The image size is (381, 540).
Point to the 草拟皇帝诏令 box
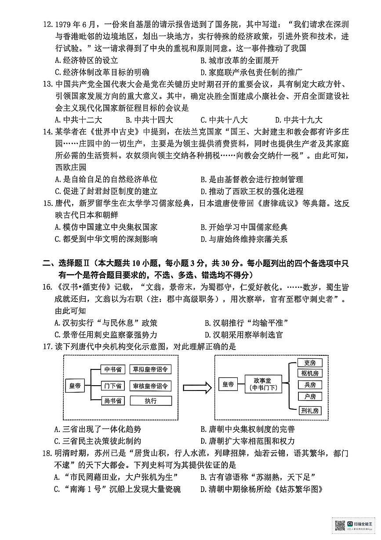tap(151, 369)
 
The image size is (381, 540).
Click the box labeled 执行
tap(151, 401)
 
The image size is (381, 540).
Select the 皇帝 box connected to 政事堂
tap(228, 384)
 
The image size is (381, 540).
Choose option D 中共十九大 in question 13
tap(299, 120)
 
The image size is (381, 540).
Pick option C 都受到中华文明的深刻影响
tap(106, 239)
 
